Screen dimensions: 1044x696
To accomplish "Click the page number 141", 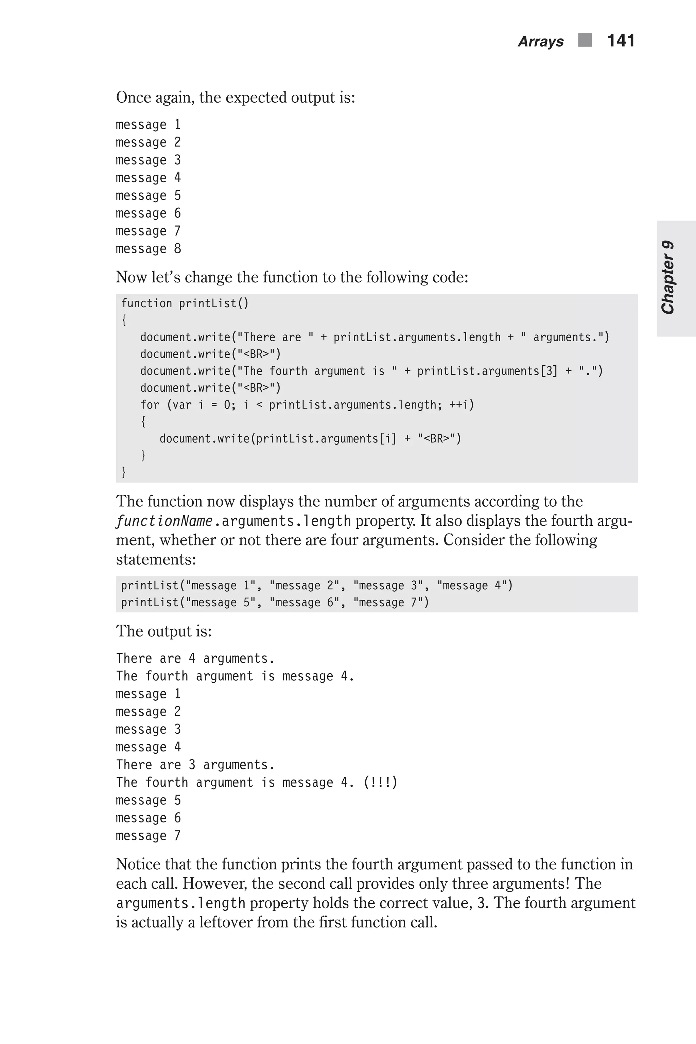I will pos(621,41).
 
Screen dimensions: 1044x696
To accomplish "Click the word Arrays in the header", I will pos(541,42).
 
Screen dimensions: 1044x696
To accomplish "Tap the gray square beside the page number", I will pos(585,40).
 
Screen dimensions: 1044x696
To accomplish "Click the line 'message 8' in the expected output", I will pos(148,248).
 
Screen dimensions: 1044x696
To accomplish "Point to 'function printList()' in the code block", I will pos(185,303).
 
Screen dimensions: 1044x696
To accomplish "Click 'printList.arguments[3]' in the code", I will pos(487,371).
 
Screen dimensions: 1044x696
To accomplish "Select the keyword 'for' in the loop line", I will pos(150,405).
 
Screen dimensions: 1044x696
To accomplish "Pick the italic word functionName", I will pos(164,521).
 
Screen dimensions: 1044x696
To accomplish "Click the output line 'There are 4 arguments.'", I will pos(195,658).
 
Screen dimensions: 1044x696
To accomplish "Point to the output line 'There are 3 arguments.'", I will pos(195,765).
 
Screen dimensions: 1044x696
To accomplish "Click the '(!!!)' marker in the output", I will pos(380,783).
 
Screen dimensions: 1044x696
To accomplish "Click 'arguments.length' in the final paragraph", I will pos(181,903).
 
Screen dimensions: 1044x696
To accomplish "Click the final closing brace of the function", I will pos(124,472).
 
